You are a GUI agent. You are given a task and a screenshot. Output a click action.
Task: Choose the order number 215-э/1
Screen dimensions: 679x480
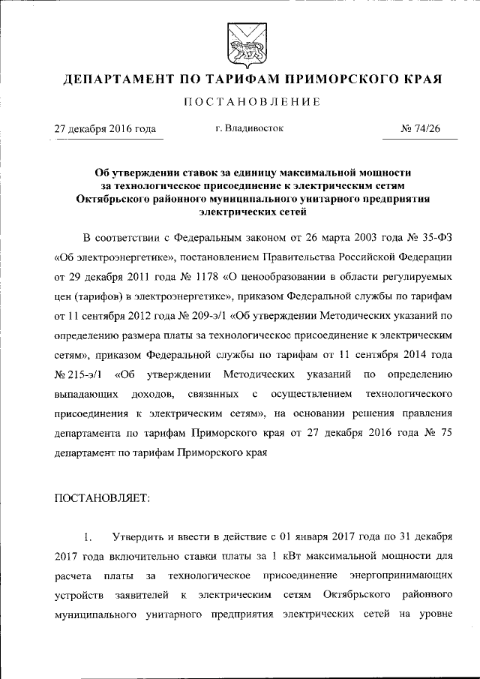coord(78,374)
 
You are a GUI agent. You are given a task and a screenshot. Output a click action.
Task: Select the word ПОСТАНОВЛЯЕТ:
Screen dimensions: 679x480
coord(102,497)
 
